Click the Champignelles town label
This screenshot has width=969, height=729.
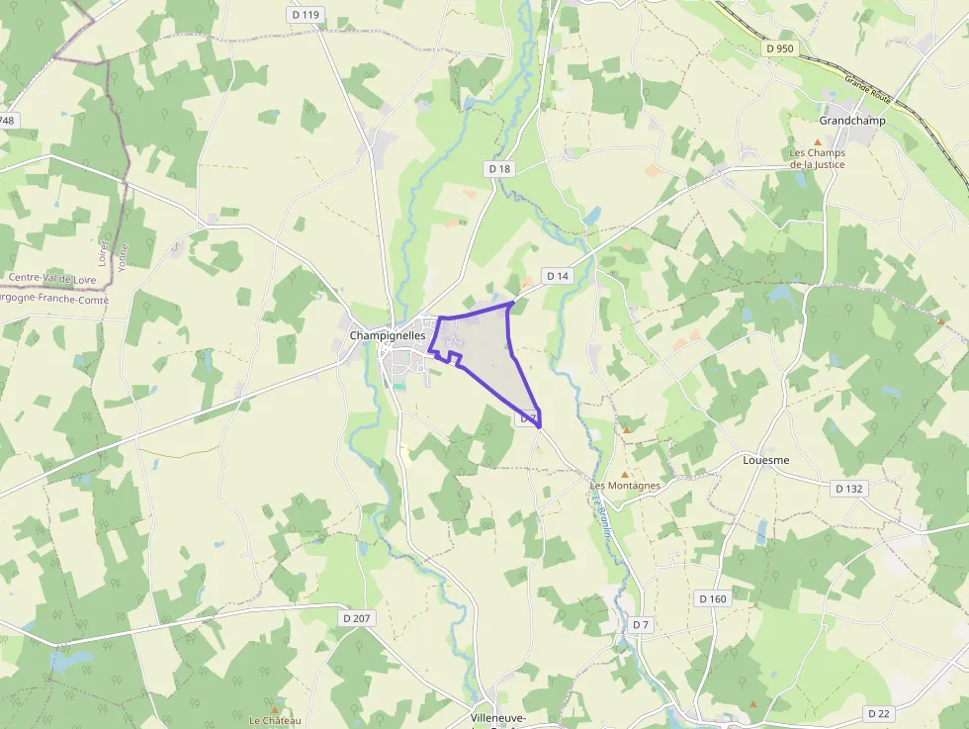(x=387, y=335)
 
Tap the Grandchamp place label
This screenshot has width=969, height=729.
(x=852, y=120)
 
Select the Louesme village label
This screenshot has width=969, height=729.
(x=765, y=460)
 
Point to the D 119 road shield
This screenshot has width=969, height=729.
(x=307, y=14)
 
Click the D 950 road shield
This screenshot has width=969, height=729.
(x=780, y=47)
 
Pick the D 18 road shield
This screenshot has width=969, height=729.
(x=500, y=169)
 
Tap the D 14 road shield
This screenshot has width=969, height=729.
(x=557, y=275)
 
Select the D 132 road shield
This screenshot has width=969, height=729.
(x=848, y=489)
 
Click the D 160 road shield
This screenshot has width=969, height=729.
(x=712, y=598)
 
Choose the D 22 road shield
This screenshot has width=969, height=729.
(x=878, y=713)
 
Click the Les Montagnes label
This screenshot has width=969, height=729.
(x=625, y=486)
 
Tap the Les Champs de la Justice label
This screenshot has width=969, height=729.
(x=818, y=158)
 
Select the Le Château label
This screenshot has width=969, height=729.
(x=274, y=720)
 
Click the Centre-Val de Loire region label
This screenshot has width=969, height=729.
(x=53, y=279)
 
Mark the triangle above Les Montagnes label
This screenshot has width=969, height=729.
(x=624, y=474)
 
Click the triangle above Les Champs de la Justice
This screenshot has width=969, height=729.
(x=818, y=142)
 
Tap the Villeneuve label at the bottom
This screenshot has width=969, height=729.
(x=497, y=717)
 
